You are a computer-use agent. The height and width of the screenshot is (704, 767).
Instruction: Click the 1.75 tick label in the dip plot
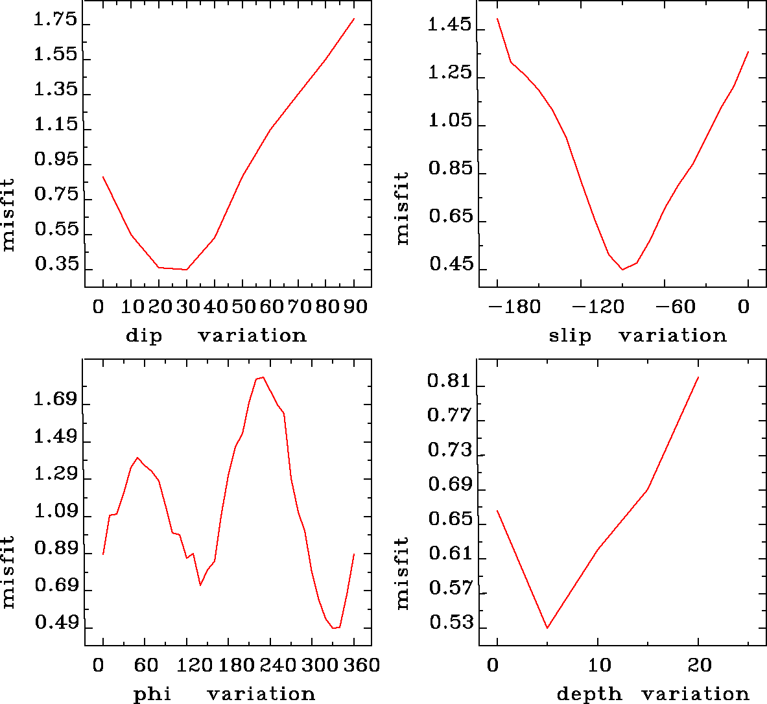pos(55,21)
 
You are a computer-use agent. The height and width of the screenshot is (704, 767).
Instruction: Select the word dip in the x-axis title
pos(144,336)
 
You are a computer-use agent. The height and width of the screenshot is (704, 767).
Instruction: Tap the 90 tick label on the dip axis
pos(355,307)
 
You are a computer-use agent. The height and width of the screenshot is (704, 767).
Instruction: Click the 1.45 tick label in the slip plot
pos(450,26)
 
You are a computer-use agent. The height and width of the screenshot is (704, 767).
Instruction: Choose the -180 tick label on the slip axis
pos(516,307)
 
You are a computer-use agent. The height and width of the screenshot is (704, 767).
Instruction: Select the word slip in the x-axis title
pos(570,336)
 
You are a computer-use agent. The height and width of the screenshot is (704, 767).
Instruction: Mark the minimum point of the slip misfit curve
pos(622,270)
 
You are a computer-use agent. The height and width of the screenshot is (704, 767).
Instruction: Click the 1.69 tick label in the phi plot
pos(55,399)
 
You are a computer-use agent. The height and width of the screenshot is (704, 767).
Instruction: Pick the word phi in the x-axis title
pos(152,694)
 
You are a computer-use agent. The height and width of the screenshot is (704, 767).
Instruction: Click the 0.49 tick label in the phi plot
pos(55,623)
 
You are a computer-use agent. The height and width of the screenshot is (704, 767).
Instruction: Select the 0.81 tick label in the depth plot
pos(449,381)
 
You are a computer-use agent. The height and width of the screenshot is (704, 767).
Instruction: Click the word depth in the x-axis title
pos(589,694)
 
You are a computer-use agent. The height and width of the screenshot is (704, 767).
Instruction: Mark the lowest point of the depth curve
pos(548,628)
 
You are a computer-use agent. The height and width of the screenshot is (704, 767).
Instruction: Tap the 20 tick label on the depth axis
pos(700,666)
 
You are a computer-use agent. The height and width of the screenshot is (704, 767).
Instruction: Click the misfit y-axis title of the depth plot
pos(403,572)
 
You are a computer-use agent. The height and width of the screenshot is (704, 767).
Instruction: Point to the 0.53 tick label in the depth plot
pos(449,623)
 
